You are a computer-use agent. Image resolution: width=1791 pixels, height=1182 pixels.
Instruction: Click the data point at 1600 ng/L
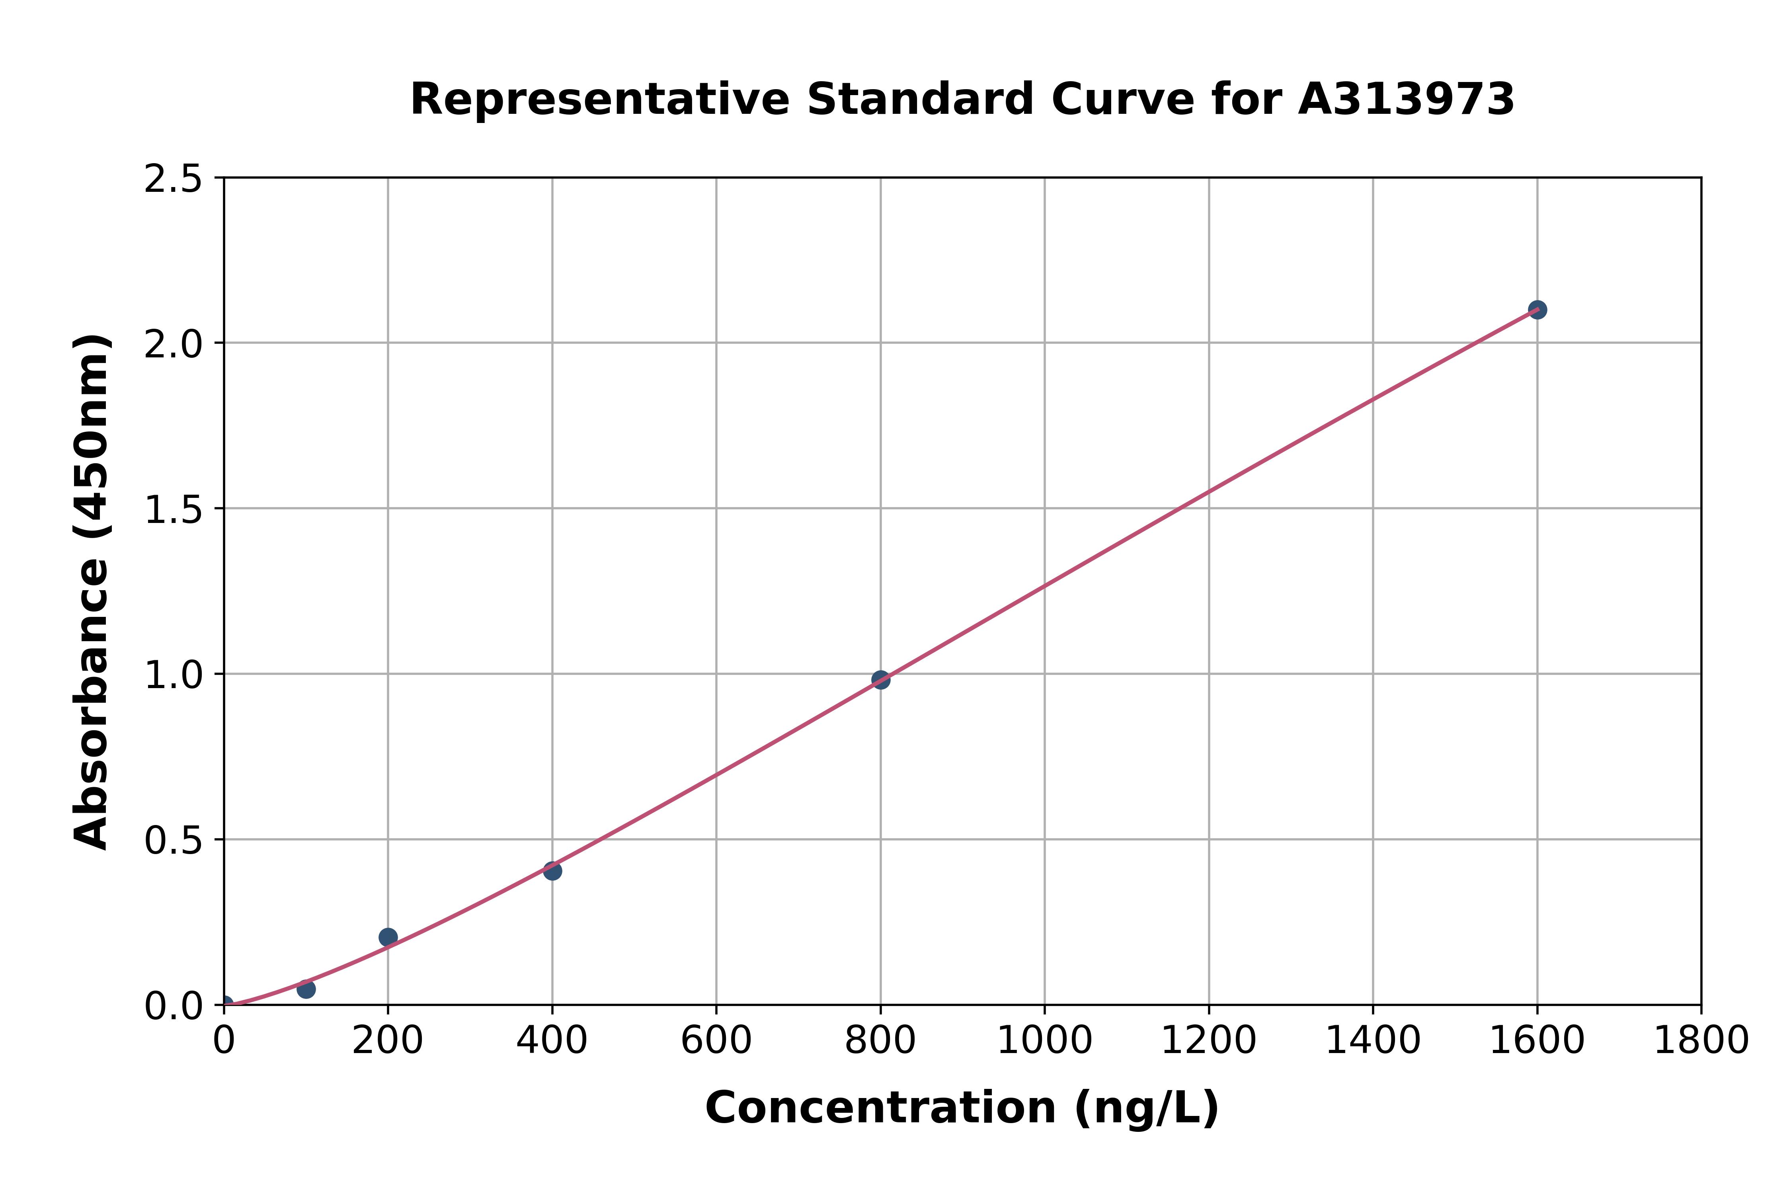coord(1537,310)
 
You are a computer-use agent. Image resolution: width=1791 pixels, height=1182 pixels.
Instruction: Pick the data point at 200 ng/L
coord(388,937)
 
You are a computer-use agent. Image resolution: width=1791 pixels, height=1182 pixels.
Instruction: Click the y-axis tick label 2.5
coord(174,179)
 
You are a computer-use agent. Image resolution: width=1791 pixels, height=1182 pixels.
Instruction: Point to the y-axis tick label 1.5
coord(174,509)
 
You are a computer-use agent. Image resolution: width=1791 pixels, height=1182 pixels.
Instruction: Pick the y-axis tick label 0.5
coord(174,840)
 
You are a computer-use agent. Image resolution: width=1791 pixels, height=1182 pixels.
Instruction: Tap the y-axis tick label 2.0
coord(174,345)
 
